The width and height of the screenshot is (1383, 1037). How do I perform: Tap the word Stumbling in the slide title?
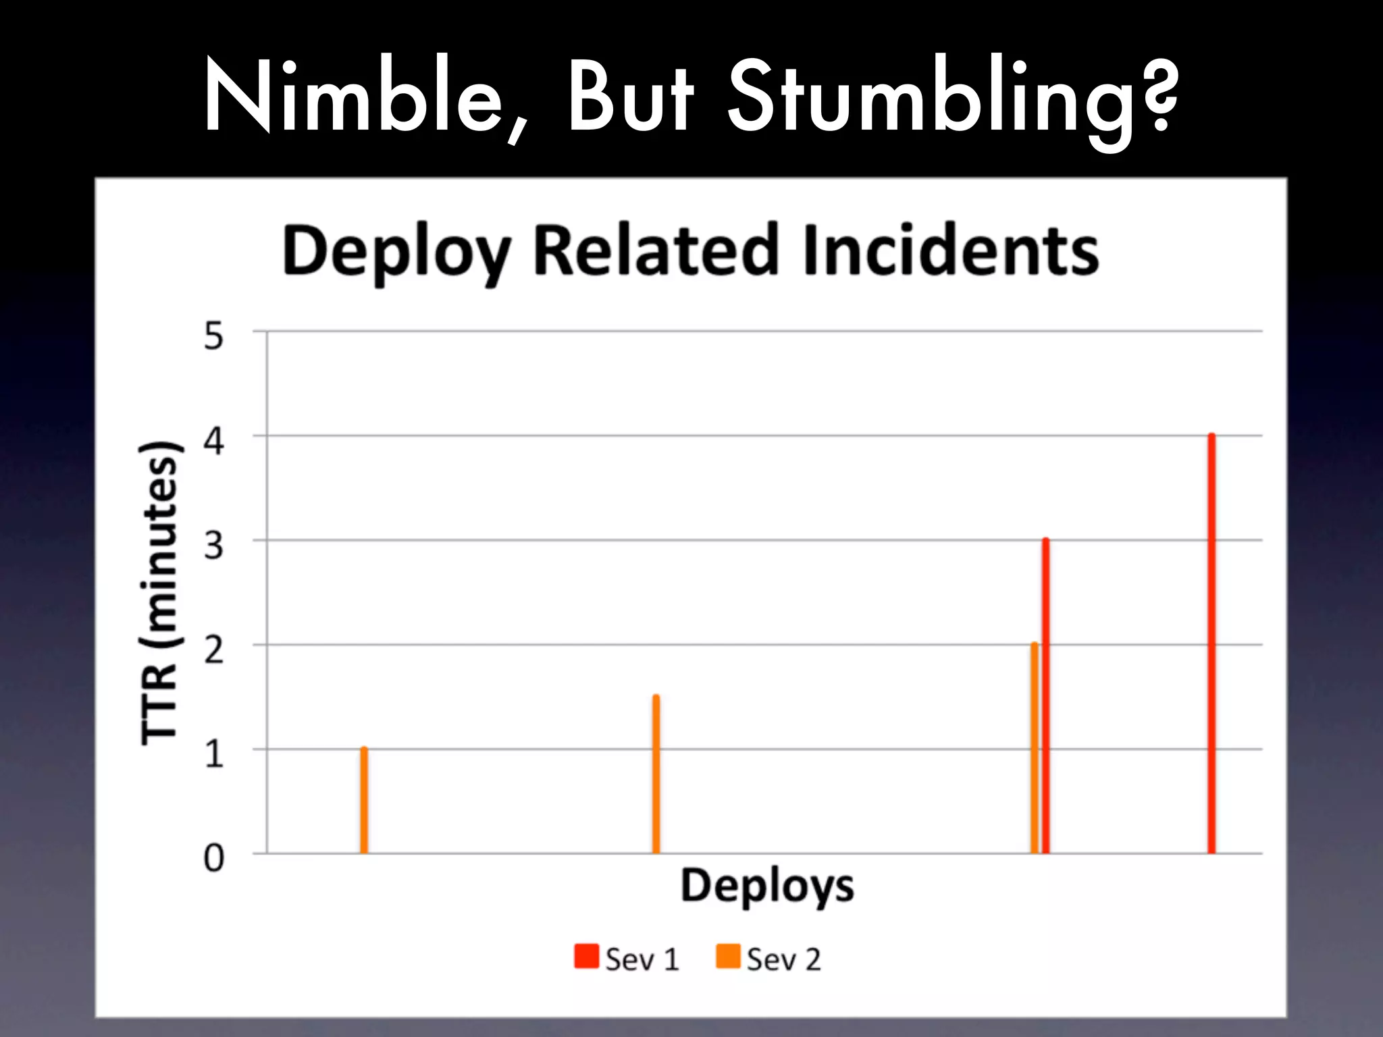(x=952, y=101)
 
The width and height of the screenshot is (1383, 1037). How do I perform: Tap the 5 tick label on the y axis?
(x=213, y=336)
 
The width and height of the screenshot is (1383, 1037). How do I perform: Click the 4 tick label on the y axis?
(x=213, y=442)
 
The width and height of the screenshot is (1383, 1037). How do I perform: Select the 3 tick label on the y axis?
(x=213, y=546)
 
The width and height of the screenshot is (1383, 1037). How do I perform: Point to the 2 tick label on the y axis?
(x=213, y=650)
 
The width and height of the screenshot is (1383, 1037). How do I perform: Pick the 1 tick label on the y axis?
(x=213, y=754)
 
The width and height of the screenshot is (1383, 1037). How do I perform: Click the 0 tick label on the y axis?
(x=213, y=859)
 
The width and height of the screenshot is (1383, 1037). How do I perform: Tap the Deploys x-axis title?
(x=767, y=886)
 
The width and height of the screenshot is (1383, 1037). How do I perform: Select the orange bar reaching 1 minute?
(x=364, y=801)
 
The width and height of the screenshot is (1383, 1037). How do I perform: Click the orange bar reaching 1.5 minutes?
(x=656, y=774)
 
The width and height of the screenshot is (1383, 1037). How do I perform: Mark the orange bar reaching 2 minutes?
(x=1034, y=748)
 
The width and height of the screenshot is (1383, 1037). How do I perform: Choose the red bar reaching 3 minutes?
(x=1046, y=695)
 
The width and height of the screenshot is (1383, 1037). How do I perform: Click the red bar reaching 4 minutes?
(x=1211, y=643)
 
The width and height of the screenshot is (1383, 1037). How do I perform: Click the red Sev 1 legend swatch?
(x=586, y=957)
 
